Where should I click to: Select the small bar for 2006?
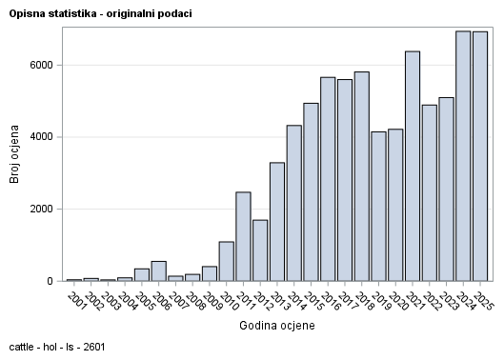coord(158,271)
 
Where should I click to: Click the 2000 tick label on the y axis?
coord(42,210)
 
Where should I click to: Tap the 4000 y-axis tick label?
coord(42,137)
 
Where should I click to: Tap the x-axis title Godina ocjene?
coord(277,326)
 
